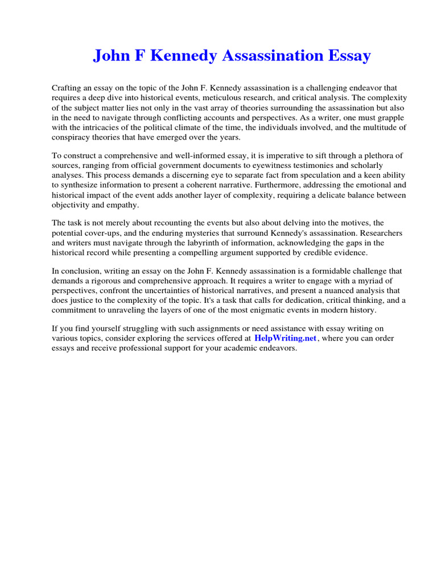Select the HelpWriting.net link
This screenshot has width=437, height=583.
tap(285, 338)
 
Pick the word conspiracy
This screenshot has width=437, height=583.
tap(72, 137)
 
